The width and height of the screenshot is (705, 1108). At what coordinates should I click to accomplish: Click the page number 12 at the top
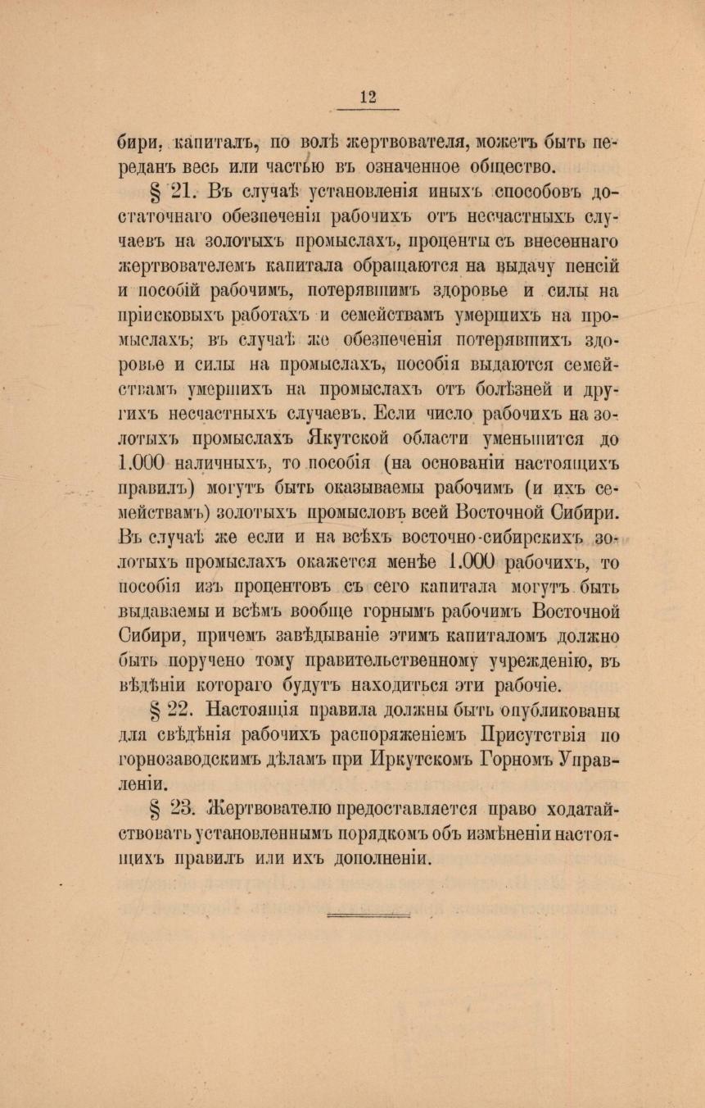[x=368, y=97]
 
